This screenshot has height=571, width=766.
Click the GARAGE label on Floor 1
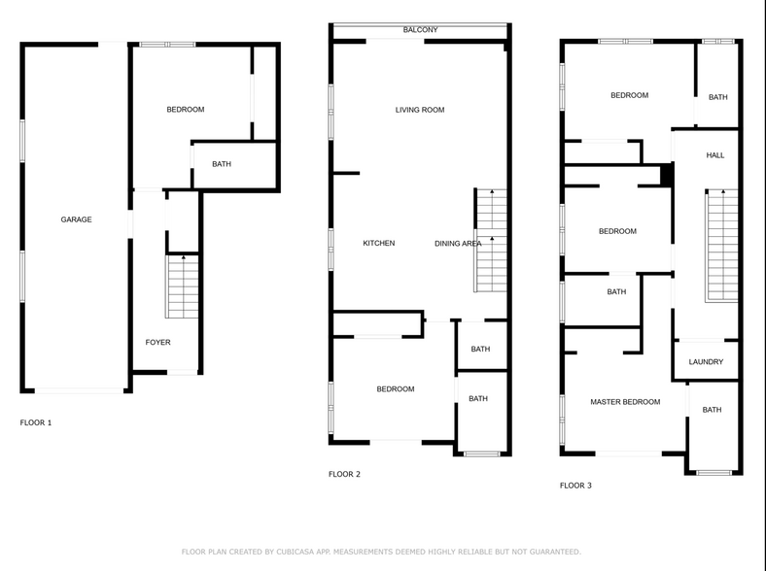tap(77, 219)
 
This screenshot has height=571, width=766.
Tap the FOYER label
tap(157, 343)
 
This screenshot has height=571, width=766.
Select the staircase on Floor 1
tap(183, 287)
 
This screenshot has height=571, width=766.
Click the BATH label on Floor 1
tap(222, 164)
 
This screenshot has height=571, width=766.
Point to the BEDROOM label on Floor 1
tap(186, 110)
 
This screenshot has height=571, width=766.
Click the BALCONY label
tap(421, 30)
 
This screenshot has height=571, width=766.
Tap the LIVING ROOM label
tap(420, 110)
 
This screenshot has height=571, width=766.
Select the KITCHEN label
tap(379, 243)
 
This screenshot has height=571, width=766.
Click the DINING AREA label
tap(457, 244)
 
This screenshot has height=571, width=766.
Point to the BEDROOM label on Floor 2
tap(396, 389)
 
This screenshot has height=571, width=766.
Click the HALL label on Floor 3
tap(715, 155)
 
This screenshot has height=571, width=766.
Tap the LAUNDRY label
tap(706, 362)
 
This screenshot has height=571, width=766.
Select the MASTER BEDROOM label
tap(625, 402)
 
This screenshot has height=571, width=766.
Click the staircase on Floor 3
tap(721, 246)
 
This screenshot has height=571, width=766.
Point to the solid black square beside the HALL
tap(667, 174)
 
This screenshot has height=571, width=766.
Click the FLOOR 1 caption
tap(36, 422)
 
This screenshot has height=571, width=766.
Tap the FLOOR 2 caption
tap(344, 474)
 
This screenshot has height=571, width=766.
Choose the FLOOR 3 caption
tap(575, 485)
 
